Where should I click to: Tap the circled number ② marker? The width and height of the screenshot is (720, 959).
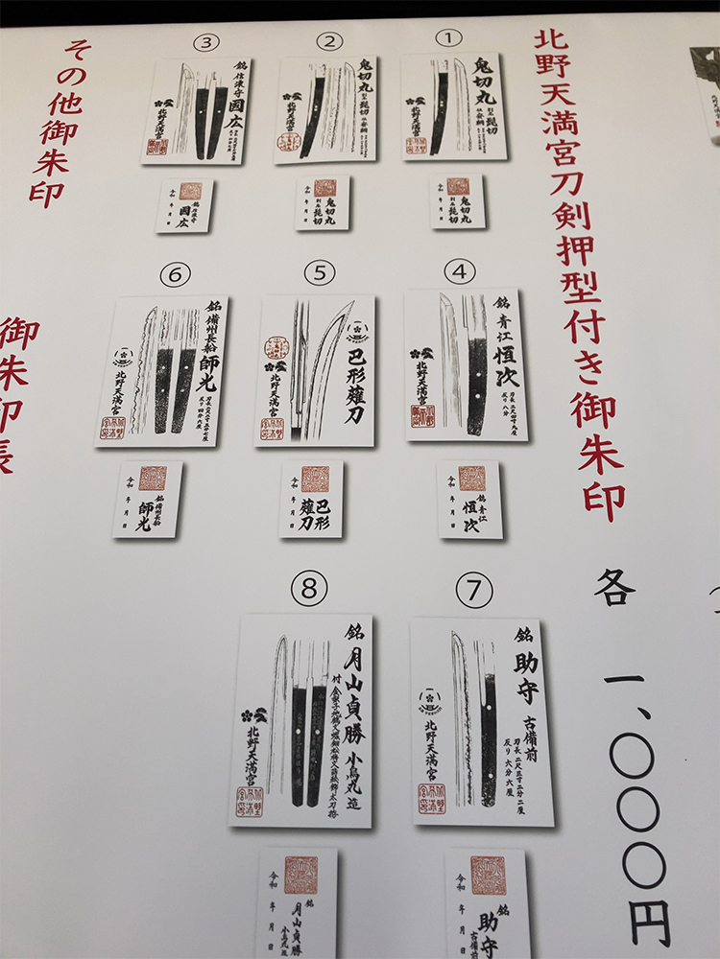[x=329, y=40]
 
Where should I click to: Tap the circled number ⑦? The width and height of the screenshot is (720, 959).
[x=473, y=592]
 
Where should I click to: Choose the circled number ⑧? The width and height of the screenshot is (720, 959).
[x=308, y=591]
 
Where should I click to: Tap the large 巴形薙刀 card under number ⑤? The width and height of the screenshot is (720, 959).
[x=315, y=370]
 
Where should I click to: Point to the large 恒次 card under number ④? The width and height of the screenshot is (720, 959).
[x=465, y=365]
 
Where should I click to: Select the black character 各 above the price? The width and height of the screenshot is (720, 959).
[x=614, y=587]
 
